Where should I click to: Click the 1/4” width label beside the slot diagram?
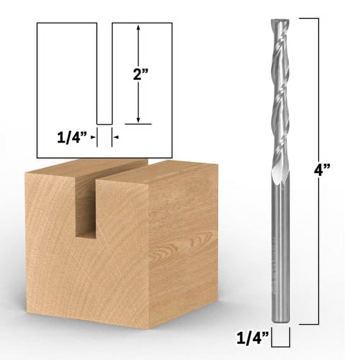coord(72,138)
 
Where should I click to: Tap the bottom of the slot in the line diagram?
coord(104,124)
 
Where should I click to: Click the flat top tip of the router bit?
coord(280,19)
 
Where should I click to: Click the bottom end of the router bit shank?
coord(280,321)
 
